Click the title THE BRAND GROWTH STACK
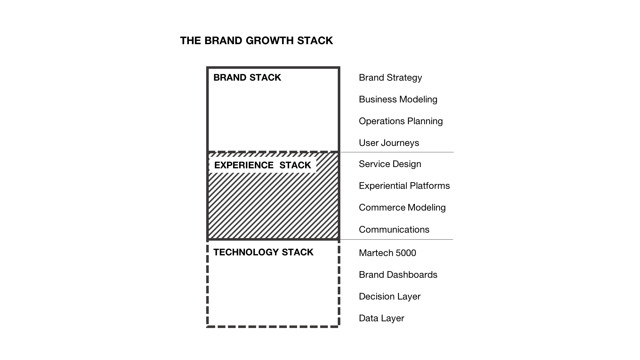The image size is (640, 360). pos(256,41)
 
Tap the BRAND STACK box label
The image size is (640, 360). pos(247,77)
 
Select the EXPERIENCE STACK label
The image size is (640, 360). pos(263,165)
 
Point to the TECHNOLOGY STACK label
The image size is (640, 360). pos(263,252)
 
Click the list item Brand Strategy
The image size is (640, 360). pos(390,77)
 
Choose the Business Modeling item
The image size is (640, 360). pos(398,99)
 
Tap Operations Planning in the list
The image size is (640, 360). pos(401,121)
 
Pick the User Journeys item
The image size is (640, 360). pos(389,143)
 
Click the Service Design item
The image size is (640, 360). pos(390,164)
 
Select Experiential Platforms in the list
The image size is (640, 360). pos(404,186)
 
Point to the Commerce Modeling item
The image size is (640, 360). pos(402,207)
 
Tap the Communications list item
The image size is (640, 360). pos(394,229)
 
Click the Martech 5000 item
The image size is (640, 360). pos(387,253)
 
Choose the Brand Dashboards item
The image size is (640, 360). pos(398,275)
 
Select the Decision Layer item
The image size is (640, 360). pos(390,296)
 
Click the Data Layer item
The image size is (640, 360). pos(381,318)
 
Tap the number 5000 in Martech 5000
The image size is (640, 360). pos(406,253)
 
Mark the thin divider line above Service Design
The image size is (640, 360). pos(397,152)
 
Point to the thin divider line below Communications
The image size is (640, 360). pos(397,239)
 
